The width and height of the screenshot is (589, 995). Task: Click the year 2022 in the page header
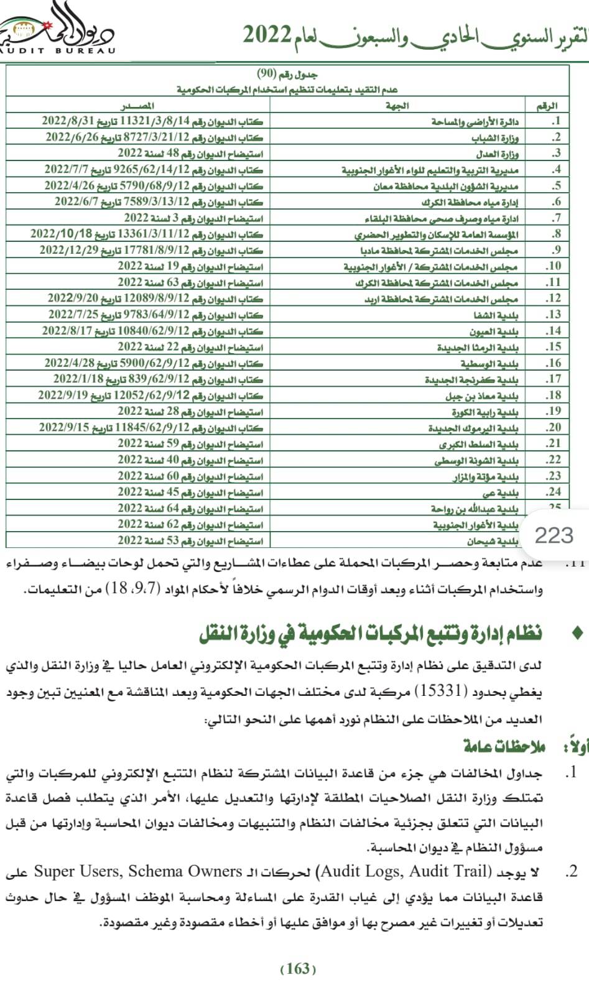click(x=267, y=35)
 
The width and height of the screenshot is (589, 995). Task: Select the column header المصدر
click(x=138, y=106)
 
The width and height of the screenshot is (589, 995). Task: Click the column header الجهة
click(x=397, y=106)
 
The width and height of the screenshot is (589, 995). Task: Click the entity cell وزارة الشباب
click(x=495, y=137)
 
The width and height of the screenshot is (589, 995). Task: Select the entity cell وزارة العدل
click(x=498, y=154)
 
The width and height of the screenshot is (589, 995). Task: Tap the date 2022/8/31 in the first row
click(x=69, y=121)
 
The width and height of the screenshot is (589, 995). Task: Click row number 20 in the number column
click(x=554, y=427)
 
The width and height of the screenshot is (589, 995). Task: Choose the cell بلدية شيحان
click(x=493, y=541)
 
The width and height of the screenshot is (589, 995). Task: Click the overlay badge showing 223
click(x=554, y=534)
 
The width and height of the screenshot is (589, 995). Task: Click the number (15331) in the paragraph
click(x=435, y=690)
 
